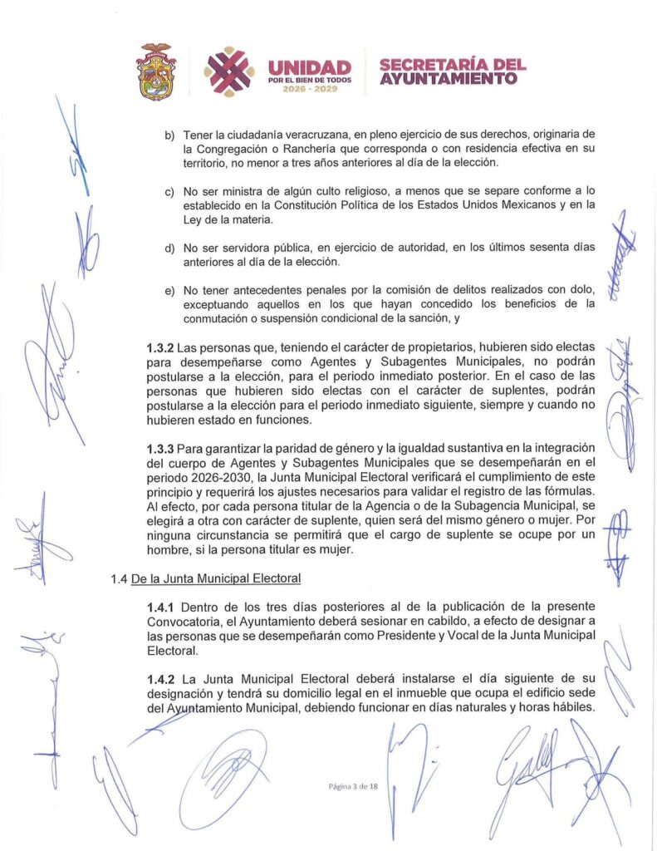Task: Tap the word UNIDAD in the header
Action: [309, 67]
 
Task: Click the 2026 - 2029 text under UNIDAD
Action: [309, 88]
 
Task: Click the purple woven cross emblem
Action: [229, 71]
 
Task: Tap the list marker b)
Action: [170, 134]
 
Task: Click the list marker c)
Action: [170, 191]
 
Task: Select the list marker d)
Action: [170, 248]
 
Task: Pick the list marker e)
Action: [170, 289]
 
